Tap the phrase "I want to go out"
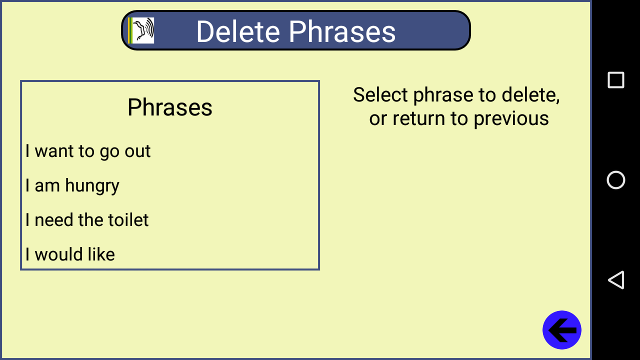pyautogui.click(x=88, y=151)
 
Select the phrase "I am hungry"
pyautogui.click(x=72, y=186)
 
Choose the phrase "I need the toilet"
pyautogui.click(x=87, y=220)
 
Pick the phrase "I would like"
pyautogui.click(x=70, y=254)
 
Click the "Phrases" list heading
pyautogui.click(x=169, y=107)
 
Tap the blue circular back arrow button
pyautogui.click(x=561, y=330)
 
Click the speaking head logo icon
pyautogui.click(x=141, y=30)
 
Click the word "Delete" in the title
pyautogui.click(x=238, y=31)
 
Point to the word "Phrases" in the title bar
pyautogui.click(x=342, y=31)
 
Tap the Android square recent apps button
pyautogui.click(x=615, y=80)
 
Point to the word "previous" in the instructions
pyautogui.click(x=511, y=119)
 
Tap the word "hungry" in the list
pyautogui.click(x=92, y=186)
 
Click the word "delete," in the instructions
pyautogui.click(x=530, y=95)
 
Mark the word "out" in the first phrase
pyautogui.click(x=137, y=151)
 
